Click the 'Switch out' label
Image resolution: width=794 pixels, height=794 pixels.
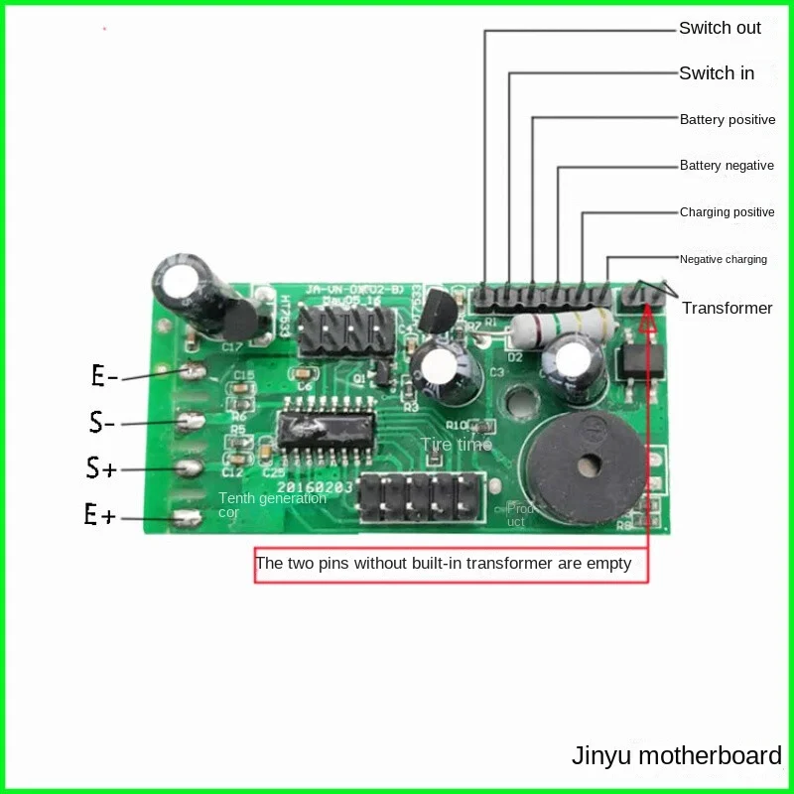click(x=720, y=28)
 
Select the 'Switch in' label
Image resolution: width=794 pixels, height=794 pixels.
click(x=717, y=73)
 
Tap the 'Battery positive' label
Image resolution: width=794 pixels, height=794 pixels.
click(x=728, y=120)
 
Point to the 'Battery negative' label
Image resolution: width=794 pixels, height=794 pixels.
click(x=727, y=166)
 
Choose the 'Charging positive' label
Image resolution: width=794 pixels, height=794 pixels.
click(x=728, y=212)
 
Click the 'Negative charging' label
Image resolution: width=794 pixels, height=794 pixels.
click(x=723, y=259)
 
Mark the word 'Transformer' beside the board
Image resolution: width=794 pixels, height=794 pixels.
click(x=727, y=308)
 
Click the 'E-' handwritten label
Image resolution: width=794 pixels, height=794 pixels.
click(x=104, y=376)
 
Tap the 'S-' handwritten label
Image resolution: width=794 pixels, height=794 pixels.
click(x=102, y=423)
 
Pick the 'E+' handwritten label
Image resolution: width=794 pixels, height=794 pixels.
click(x=100, y=515)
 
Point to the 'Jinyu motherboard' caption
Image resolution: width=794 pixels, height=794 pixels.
click(x=676, y=755)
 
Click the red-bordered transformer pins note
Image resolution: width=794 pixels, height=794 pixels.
click(x=444, y=564)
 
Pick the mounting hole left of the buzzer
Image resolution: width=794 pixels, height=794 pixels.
click(x=517, y=405)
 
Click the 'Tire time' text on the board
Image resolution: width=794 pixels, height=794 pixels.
click(x=456, y=445)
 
